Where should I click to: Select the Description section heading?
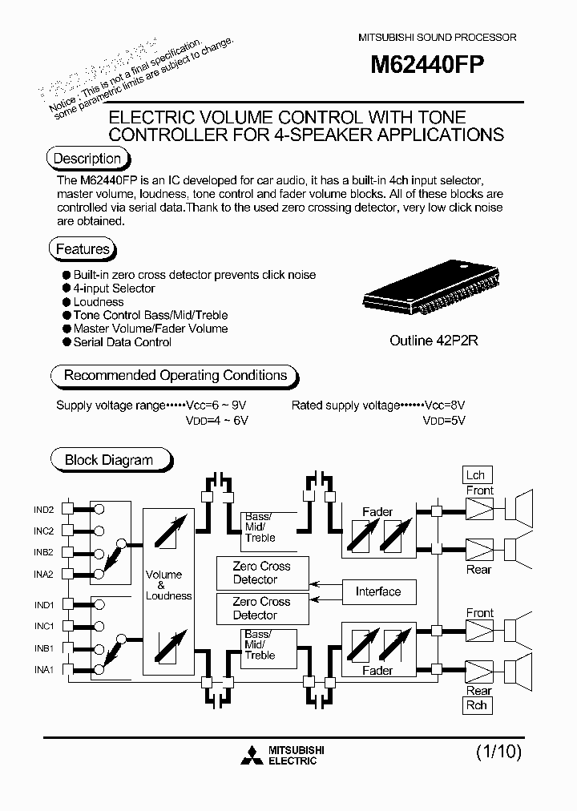coord(87,159)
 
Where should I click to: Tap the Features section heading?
coord(83,249)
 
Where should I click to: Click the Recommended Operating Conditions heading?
coord(175,375)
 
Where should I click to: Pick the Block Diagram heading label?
coord(108,460)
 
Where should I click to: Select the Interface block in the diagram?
coord(378,592)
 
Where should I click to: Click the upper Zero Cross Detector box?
coord(261,573)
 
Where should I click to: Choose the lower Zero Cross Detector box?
coord(261,608)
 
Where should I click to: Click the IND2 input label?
coord(43,510)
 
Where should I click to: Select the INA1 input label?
coord(43,669)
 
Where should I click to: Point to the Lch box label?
coord(476,474)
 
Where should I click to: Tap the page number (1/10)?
coord(498,752)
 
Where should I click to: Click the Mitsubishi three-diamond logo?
coord(251,754)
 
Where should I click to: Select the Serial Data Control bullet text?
coord(122,342)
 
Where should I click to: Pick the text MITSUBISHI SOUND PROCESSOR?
coord(436,38)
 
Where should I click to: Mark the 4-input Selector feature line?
coord(114,288)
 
